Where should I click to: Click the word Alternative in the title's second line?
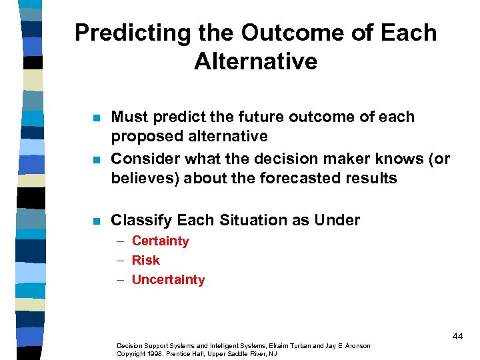click(x=256, y=61)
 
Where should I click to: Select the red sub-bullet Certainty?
click(x=160, y=241)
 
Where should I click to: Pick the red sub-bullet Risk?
click(x=145, y=260)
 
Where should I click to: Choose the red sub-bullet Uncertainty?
click(x=168, y=279)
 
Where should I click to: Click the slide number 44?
click(x=457, y=336)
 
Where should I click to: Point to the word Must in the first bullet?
click(x=129, y=117)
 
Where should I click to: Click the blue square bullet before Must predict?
click(x=96, y=118)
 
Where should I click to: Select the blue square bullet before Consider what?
click(x=96, y=160)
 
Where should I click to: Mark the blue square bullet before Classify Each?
click(x=96, y=221)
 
